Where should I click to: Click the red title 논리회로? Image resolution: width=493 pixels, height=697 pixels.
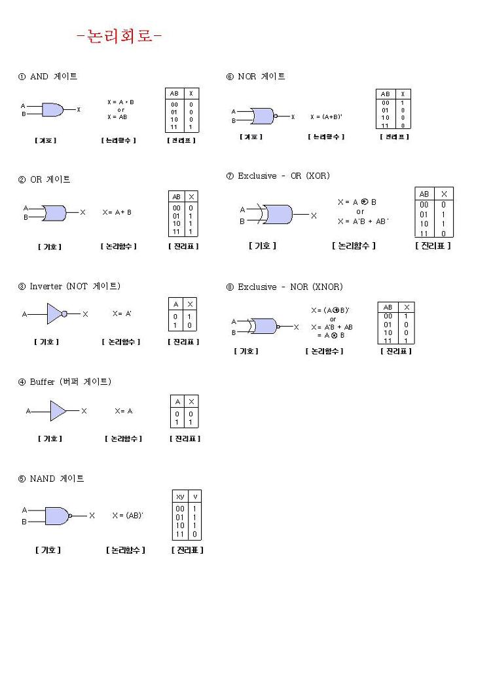[x=119, y=36]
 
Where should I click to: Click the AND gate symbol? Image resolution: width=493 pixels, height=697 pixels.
[x=52, y=110]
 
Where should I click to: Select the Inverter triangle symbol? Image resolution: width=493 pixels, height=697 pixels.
[x=55, y=314]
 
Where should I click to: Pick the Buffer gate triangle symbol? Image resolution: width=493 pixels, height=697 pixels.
[x=58, y=411]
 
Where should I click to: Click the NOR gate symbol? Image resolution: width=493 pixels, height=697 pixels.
[x=262, y=116]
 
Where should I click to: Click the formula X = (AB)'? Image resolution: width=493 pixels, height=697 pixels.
[x=128, y=516]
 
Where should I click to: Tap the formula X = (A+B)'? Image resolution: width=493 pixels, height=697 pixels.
[x=326, y=116]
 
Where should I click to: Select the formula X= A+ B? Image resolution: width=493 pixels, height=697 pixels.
[x=117, y=212]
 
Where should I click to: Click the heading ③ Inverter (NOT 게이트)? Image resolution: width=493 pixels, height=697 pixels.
[x=69, y=286]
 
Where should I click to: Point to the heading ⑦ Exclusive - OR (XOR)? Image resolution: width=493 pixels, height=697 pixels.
[x=278, y=175]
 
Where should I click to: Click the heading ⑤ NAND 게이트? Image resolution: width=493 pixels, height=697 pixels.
[x=51, y=478]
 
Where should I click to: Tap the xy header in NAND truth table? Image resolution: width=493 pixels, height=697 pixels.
[x=181, y=497]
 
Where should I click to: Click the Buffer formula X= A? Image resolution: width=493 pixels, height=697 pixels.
[x=123, y=411]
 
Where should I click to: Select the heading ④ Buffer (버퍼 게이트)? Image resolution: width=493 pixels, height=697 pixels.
[x=65, y=382]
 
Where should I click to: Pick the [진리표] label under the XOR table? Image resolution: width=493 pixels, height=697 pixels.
[x=433, y=246]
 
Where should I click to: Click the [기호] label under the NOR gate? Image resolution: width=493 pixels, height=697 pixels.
[x=251, y=137]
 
